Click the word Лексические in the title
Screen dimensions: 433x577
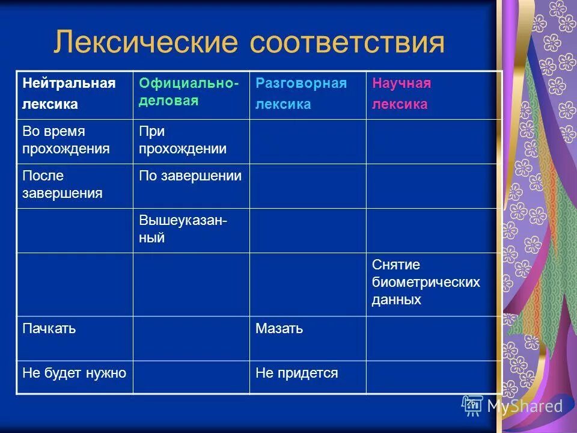point(144,43)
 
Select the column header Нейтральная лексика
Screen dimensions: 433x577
point(69,94)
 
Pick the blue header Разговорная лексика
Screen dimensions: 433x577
point(301,94)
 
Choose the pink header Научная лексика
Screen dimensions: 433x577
point(401,94)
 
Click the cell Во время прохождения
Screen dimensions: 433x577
point(66,140)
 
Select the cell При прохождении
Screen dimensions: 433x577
point(183,140)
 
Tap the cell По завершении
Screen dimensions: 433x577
point(190,176)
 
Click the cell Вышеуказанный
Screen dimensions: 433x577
point(183,229)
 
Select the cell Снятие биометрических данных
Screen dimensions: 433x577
point(426,282)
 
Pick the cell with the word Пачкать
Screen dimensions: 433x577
point(49,329)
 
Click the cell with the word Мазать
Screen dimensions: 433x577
point(279,329)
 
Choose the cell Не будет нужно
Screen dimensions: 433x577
point(74,373)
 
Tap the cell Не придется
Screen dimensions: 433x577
point(296,373)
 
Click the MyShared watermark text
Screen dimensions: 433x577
point(525,406)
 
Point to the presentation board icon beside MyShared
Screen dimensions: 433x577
point(472,405)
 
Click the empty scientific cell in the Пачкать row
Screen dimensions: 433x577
point(433,338)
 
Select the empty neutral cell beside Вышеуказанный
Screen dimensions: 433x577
point(75,230)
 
